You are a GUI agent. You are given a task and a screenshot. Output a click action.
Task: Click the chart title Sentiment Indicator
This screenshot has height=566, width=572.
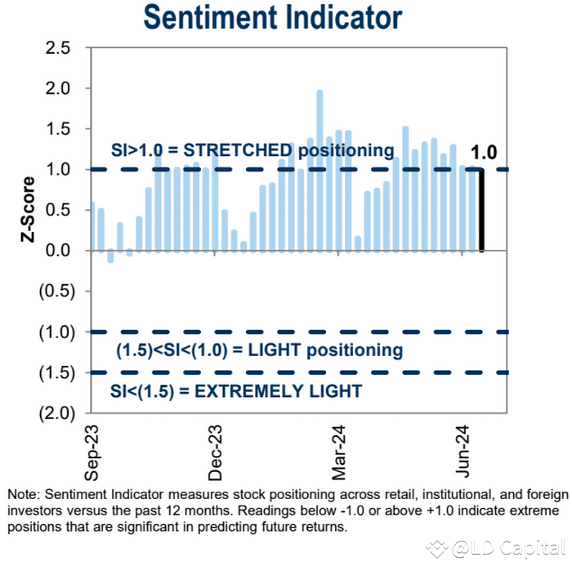[272, 16]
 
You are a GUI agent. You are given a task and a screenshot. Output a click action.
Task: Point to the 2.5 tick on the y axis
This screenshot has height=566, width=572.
[58, 48]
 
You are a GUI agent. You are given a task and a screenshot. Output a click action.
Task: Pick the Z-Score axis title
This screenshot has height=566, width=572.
[29, 211]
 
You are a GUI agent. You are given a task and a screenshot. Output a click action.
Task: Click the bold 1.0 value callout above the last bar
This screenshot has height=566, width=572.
[483, 152]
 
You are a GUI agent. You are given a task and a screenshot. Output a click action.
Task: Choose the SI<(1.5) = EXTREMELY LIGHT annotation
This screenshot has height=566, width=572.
[236, 391]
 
